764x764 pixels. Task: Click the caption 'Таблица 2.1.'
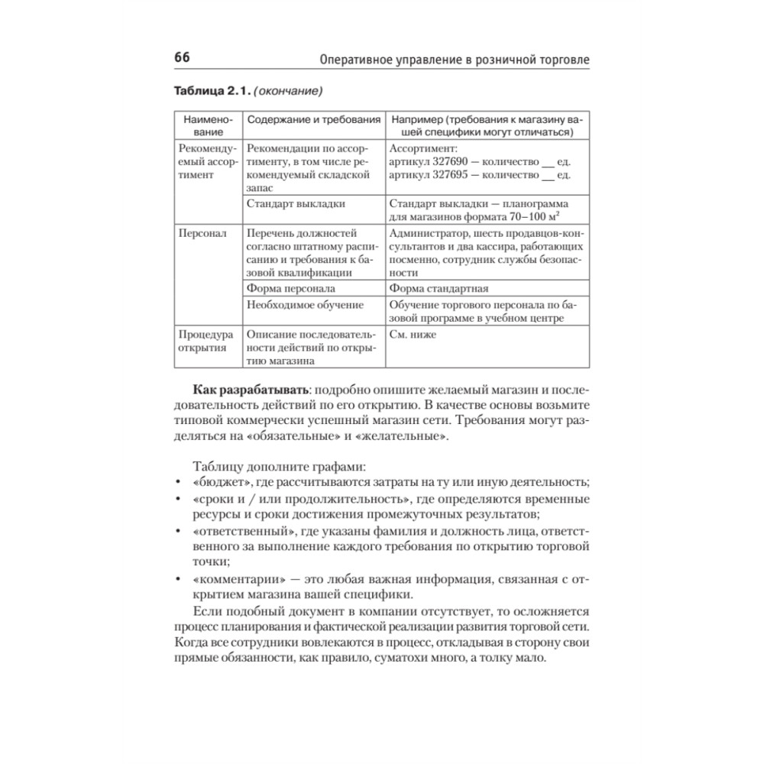(210, 92)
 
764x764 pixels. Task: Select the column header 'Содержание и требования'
(313, 120)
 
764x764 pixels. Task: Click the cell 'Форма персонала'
(291, 289)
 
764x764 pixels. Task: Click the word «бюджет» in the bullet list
(212, 481)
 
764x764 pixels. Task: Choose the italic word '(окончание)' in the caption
(288, 92)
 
